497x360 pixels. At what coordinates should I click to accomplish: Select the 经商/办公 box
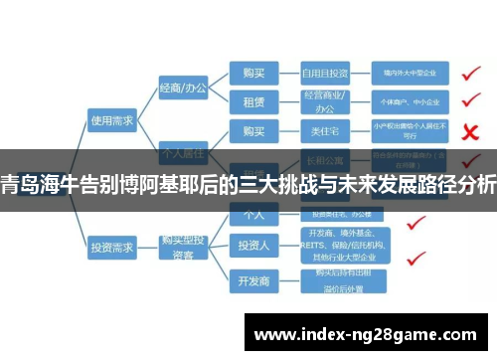tap(183, 89)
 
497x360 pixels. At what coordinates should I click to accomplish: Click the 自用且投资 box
tap(325, 73)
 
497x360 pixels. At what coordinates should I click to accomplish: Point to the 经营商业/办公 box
tap(325, 101)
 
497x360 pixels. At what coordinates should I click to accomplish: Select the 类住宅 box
tap(325, 131)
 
